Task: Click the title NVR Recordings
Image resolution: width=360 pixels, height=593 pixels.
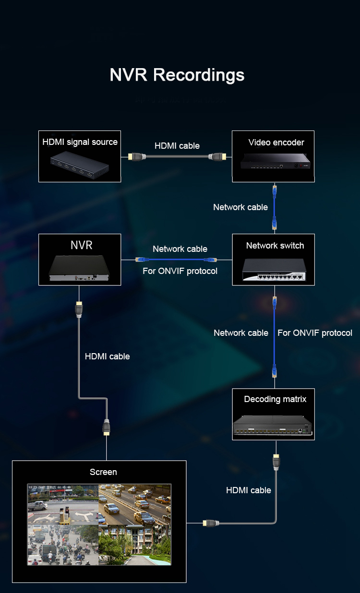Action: point(177,75)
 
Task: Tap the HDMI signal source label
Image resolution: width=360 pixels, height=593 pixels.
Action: point(80,142)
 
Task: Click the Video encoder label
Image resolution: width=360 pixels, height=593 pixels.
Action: point(276,142)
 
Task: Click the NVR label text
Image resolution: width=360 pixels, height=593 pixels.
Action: point(81,245)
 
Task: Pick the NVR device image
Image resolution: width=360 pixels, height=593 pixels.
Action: point(80,269)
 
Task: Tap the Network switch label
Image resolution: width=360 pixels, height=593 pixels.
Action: point(275,246)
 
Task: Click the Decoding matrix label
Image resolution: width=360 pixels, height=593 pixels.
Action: point(275,399)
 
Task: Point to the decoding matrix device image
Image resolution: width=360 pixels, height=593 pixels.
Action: point(273,424)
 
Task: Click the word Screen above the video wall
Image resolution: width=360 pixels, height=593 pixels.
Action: point(103,472)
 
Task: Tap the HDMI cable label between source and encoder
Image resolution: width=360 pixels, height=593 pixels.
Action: point(177,146)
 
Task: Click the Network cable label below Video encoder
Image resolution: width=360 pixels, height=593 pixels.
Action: point(240,207)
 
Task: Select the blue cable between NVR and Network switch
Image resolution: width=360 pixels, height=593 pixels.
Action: point(176,259)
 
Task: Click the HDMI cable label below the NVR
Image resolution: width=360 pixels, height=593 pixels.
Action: point(107,356)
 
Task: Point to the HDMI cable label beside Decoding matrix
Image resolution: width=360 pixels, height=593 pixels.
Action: point(249,490)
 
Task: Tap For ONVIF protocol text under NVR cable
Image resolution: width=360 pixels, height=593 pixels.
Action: point(180,271)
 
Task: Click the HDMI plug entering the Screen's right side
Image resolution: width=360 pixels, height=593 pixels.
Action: point(209,523)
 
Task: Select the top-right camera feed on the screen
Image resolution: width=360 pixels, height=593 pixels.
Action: point(134,504)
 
